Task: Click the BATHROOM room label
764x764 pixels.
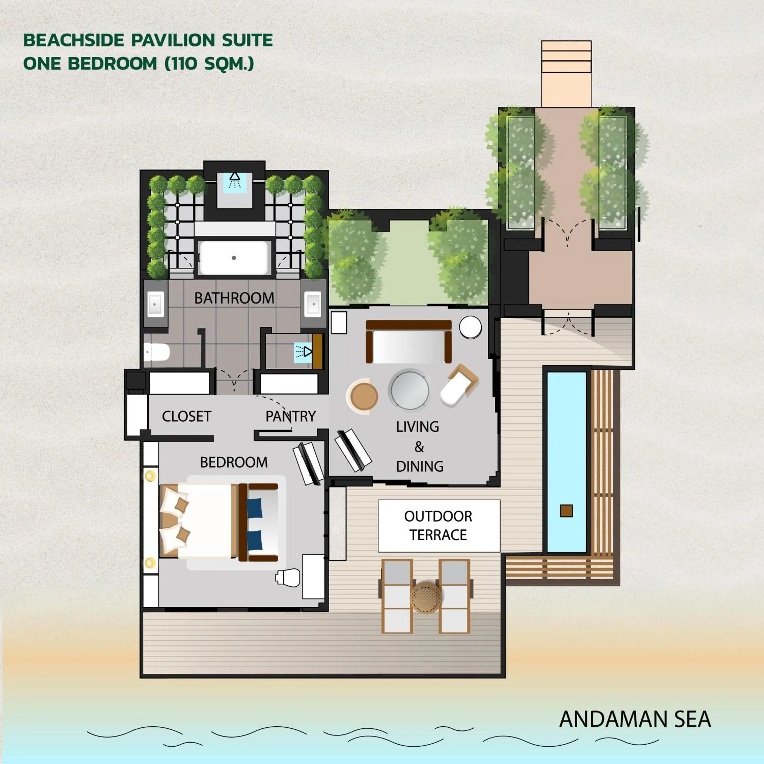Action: pos(234,298)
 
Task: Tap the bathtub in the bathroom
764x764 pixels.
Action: pos(234,258)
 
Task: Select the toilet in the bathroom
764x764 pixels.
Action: pos(157,352)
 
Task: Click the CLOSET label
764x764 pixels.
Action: pos(186,416)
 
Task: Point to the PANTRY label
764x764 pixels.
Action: pos(291,416)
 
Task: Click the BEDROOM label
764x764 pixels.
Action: pos(234,462)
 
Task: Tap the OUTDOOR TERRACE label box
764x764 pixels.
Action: pos(439,526)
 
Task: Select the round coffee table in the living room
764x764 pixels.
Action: pos(410,389)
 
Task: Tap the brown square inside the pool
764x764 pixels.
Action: pos(566,511)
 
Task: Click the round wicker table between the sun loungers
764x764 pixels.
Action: pos(426,598)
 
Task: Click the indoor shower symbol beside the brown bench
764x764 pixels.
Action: pos(303,351)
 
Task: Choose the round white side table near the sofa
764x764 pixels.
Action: pos(470,327)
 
